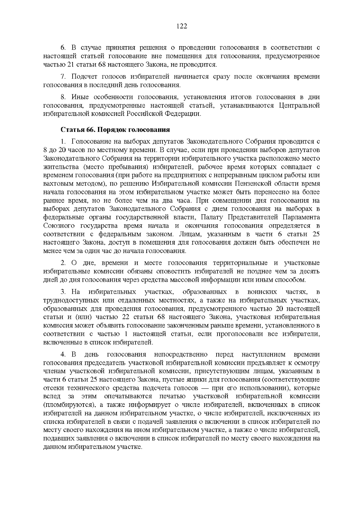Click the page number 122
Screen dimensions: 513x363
(181, 26)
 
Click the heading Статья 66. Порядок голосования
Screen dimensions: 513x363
(115, 130)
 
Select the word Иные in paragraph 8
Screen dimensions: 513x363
(79, 97)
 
